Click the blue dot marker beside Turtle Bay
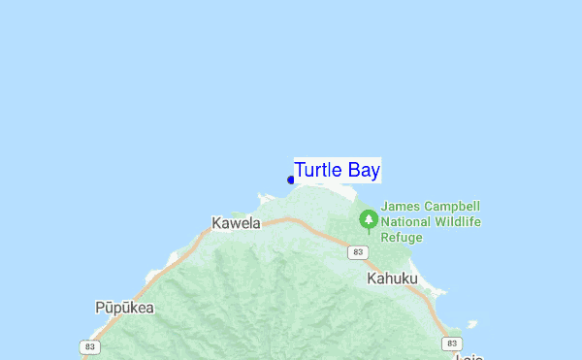pyautogui.click(x=291, y=180)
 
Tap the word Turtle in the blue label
pyautogui.click(x=318, y=171)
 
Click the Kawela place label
pyautogui.click(x=237, y=224)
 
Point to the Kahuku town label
pyautogui.click(x=392, y=278)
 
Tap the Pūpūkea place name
pyautogui.click(x=124, y=308)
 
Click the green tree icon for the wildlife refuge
pyautogui.click(x=369, y=220)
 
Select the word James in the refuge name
pyautogui.click(x=402, y=206)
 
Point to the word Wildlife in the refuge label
pyautogui.click(x=458, y=221)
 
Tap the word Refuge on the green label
pyautogui.click(x=403, y=237)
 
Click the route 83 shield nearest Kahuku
pyautogui.click(x=359, y=252)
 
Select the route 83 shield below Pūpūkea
pyautogui.click(x=91, y=346)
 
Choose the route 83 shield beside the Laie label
pyautogui.click(x=451, y=344)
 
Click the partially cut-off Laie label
pyautogui.click(x=469, y=355)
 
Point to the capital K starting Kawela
pyautogui.click(x=217, y=224)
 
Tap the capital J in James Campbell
pyautogui.click(x=385, y=206)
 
